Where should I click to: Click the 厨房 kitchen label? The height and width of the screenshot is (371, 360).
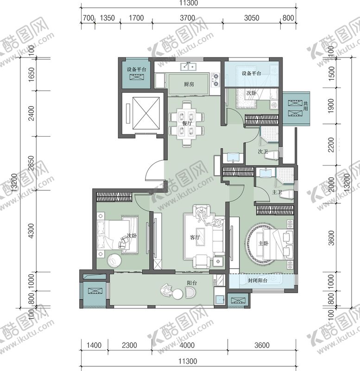(189, 84)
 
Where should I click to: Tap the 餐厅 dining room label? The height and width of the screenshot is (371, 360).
(187, 123)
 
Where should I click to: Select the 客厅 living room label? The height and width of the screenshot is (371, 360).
(195, 237)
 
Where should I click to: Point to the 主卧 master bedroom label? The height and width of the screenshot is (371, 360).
(263, 243)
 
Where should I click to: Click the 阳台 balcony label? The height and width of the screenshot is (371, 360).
(192, 283)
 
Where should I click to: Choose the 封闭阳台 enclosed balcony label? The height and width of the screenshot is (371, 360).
(258, 281)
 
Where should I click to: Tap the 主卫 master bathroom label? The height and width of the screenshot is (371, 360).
(277, 192)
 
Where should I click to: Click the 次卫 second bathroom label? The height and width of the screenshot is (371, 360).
(263, 151)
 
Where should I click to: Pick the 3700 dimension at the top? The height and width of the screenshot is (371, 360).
(188, 18)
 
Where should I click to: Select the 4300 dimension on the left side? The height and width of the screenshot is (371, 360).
(31, 231)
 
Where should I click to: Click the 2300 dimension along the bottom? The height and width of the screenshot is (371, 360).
(129, 345)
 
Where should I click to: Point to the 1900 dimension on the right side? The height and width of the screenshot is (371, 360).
(331, 106)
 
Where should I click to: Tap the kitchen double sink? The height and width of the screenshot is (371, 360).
(189, 67)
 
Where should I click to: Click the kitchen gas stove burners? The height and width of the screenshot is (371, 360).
(215, 80)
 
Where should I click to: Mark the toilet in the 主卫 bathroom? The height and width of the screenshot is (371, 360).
(288, 194)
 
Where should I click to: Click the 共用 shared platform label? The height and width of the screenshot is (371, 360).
(306, 106)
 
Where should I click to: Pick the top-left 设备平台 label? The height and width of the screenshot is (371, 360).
(137, 69)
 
